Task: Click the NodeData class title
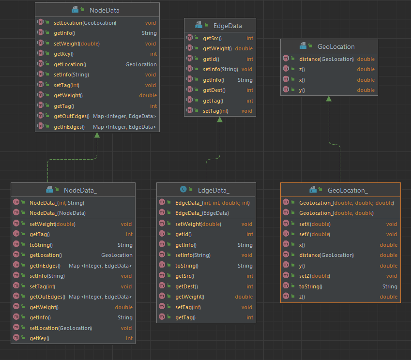click(104, 10)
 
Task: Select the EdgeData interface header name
click(227, 26)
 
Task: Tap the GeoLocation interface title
click(336, 46)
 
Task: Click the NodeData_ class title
click(80, 190)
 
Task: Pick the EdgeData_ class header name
click(213, 190)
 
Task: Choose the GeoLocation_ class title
click(348, 190)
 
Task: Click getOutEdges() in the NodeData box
click(71, 116)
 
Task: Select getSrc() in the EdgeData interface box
click(212, 38)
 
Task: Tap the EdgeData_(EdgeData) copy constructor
click(202, 213)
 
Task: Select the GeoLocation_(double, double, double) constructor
click(347, 203)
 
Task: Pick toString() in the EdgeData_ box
click(186, 266)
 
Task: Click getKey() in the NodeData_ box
click(39, 338)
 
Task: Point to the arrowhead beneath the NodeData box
click(97, 135)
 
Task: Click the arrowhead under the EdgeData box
click(220, 119)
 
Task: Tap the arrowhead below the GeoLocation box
click(329, 98)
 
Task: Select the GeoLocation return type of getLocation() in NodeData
click(141, 64)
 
